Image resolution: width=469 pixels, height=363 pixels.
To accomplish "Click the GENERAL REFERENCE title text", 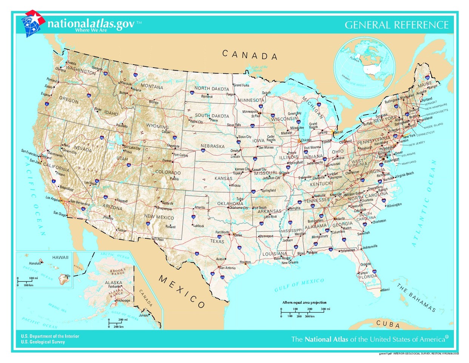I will coord(396,25).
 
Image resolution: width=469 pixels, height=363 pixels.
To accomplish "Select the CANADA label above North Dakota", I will coord(250,55).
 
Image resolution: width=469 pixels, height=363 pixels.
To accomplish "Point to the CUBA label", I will coord(388,324).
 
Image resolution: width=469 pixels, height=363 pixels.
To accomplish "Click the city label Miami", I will coord(385,290).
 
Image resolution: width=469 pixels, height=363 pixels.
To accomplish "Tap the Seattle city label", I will coord(71,63).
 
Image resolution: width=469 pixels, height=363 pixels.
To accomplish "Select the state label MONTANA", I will coord(152,87).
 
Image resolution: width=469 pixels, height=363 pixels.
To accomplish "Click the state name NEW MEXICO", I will coord(159,217).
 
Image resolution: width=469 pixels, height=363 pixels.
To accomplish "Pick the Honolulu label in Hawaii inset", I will coord(35,263).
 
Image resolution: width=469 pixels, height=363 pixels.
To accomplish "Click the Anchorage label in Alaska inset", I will coord(123,301).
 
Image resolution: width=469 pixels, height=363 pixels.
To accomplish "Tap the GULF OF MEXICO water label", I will coord(299,285).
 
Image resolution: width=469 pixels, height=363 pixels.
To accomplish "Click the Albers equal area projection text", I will coord(304,302).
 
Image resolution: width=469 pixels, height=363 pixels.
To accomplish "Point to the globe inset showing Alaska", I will coord(364,68).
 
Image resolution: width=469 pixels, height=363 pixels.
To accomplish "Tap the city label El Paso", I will coord(159,239).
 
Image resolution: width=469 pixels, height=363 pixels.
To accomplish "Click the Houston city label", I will coord(245,262).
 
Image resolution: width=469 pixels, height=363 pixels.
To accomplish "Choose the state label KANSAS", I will coord(223,178).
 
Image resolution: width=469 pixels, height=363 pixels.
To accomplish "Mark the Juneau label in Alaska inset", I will coord(144,315).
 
